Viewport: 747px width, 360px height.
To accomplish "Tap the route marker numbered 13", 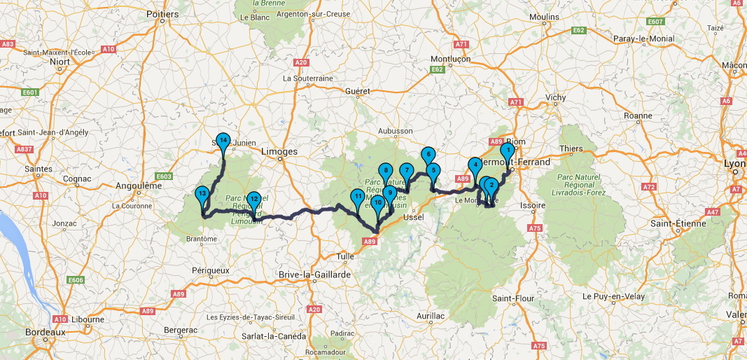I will click(x=202, y=194).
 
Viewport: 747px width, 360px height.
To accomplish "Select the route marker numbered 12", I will click(x=254, y=200).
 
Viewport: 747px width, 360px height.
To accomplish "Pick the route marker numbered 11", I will click(x=358, y=197).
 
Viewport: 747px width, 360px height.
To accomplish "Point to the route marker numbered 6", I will click(x=427, y=155).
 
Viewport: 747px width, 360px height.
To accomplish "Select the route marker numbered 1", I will click(x=509, y=149).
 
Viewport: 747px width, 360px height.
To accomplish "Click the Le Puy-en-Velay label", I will click(x=610, y=276).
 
